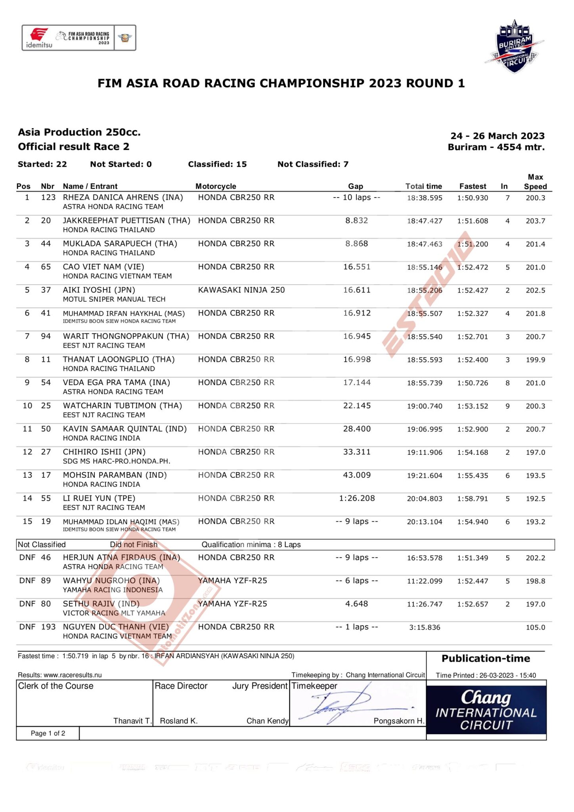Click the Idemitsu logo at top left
[39, 38]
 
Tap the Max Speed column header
[535, 182]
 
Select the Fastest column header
[473, 186]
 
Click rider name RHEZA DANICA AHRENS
[122, 197]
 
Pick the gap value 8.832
[356, 220]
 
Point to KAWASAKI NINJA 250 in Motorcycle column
[241, 290]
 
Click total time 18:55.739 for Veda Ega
[425, 383]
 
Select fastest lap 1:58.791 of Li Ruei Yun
[473, 499]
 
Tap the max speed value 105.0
[535, 628]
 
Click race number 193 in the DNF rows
[48, 627]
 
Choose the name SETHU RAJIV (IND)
[101, 604]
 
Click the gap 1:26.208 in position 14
[357, 498]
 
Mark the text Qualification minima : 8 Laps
[251, 545]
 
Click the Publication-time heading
[486, 659]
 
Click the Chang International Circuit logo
[486, 710]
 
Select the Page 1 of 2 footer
[48, 733]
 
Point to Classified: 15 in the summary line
[217, 164]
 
